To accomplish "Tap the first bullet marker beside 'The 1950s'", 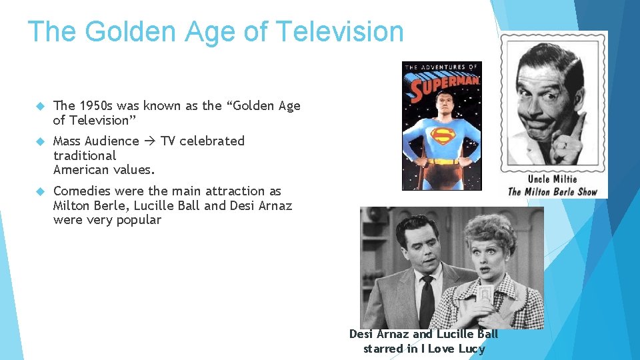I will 39,106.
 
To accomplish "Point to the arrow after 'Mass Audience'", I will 150,141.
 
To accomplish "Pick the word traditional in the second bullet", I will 85,155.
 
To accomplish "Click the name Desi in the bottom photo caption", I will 361,334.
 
